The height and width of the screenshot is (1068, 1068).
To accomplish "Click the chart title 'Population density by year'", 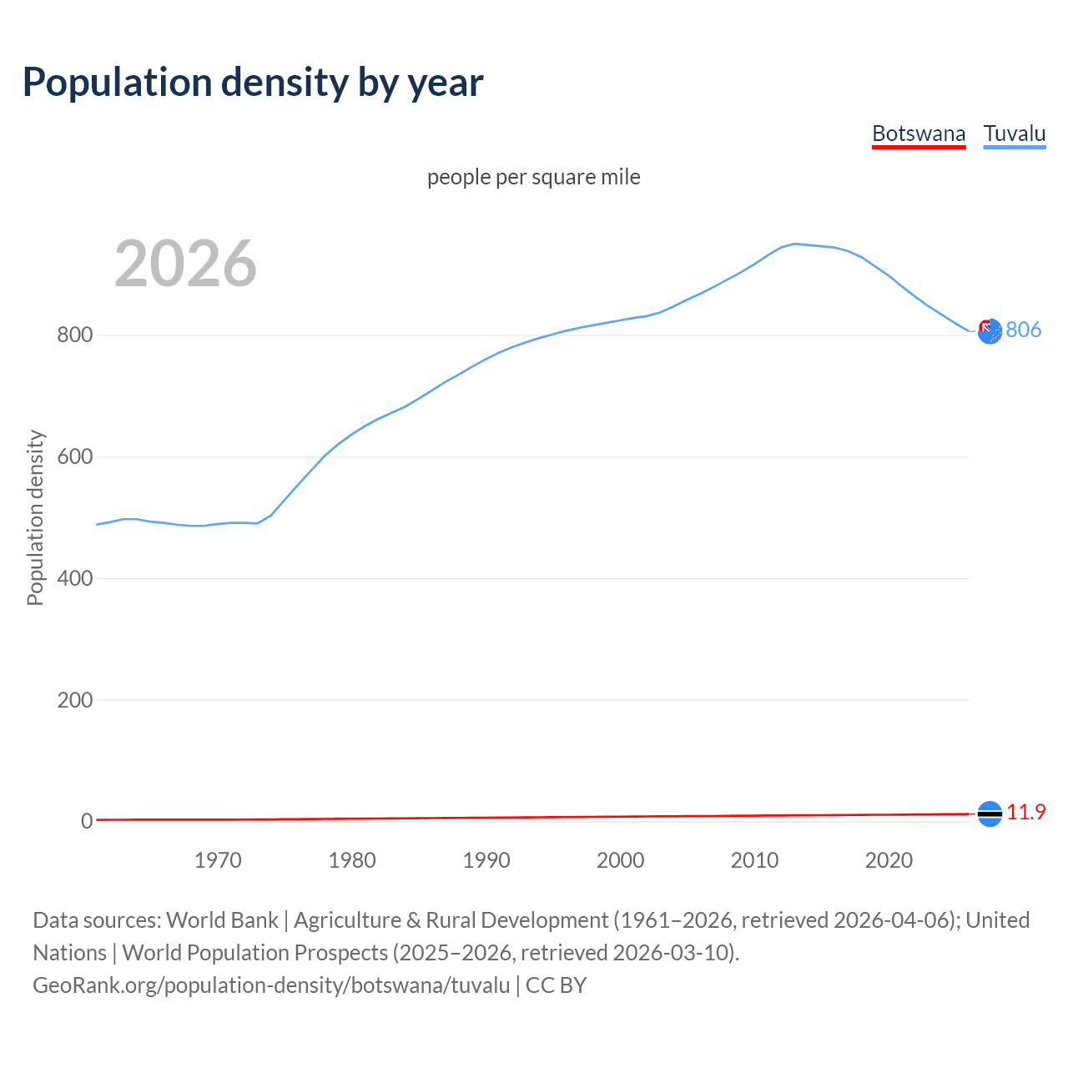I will [253, 83].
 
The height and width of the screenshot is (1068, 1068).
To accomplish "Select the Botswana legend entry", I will [919, 133].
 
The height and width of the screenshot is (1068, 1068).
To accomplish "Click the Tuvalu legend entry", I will [1015, 133].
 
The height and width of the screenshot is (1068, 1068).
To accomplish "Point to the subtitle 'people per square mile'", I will [534, 177].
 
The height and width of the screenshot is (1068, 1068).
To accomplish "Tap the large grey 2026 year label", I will [185, 264].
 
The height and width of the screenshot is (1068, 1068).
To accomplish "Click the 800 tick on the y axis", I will [74, 335].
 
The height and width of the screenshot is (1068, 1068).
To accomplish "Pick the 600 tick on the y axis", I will [74, 457].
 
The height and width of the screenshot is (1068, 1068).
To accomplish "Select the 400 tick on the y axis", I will [74, 578].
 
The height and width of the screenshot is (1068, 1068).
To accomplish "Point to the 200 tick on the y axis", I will [74, 700].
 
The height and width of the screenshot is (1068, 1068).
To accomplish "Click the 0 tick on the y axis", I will [86, 821].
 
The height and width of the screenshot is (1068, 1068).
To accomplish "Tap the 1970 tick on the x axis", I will [218, 860].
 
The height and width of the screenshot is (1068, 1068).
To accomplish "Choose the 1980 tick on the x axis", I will [352, 860].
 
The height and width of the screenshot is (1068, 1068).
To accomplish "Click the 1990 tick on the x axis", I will [486, 860].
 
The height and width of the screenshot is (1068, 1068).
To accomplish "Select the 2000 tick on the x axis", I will [621, 860].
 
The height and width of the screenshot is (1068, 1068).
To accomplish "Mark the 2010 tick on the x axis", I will [755, 860].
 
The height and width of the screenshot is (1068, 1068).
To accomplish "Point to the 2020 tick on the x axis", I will [889, 860].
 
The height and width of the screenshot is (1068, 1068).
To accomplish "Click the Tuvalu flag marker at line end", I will [990, 331].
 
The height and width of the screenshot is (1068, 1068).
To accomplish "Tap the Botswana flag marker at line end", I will [990, 814].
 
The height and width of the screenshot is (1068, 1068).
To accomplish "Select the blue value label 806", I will [1024, 330].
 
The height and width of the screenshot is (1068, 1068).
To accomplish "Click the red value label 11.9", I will [1026, 812].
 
